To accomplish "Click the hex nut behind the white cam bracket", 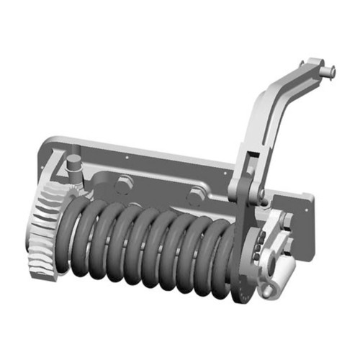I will [x=287, y=219].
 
